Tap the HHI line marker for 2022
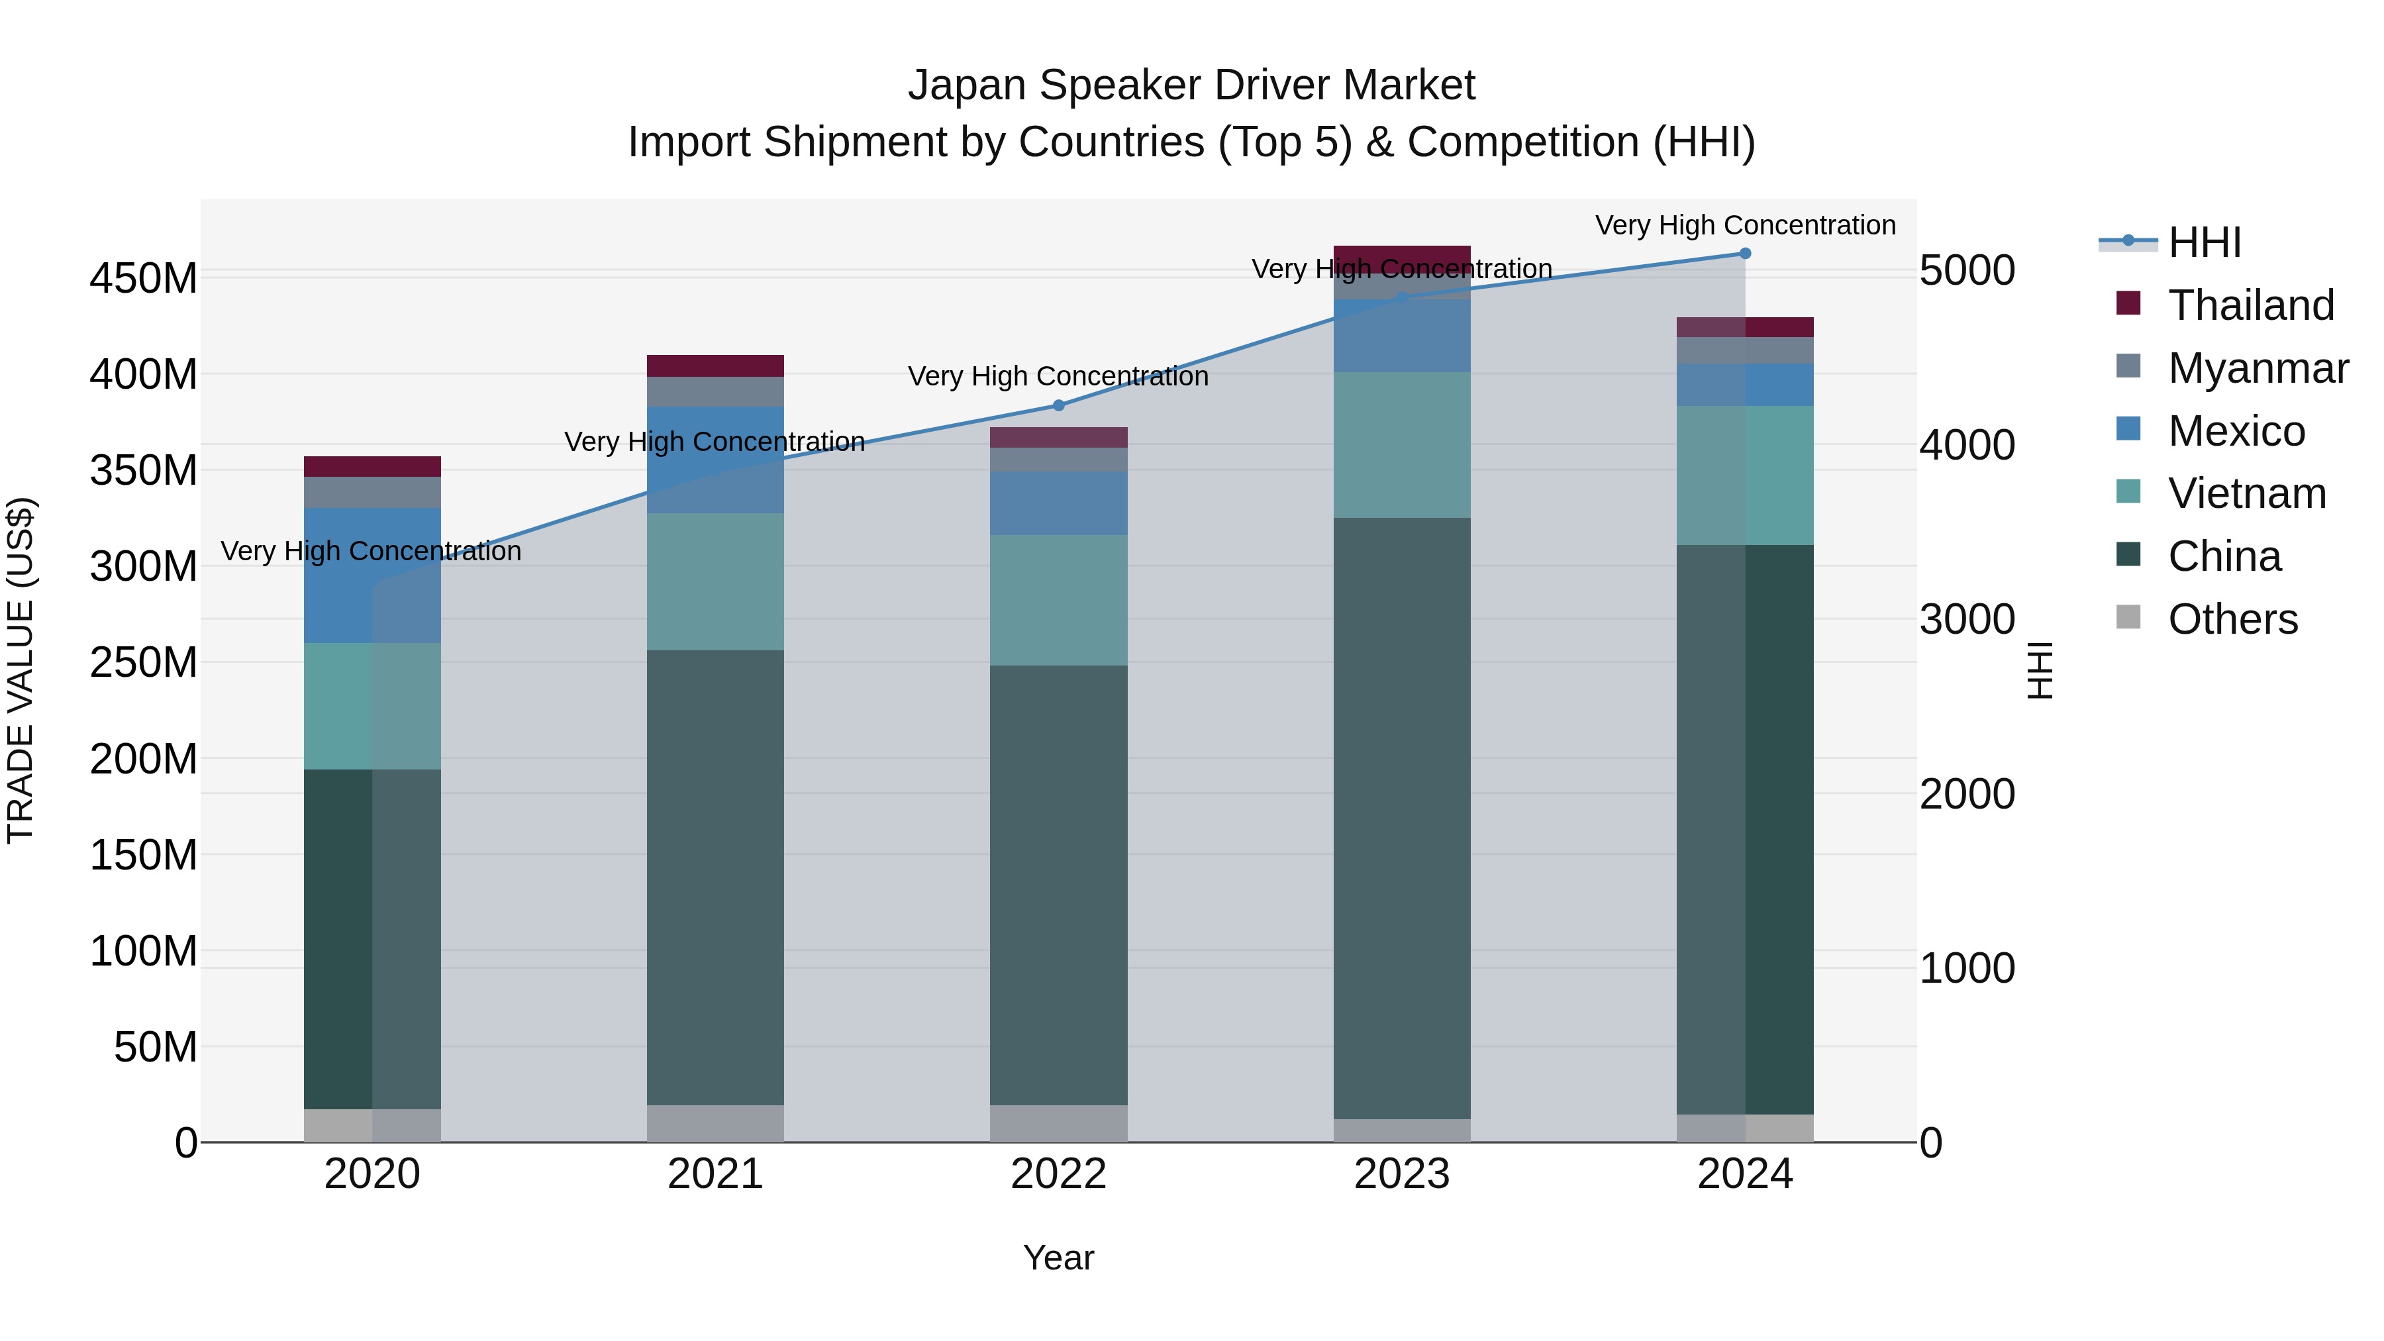[x=1059, y=405]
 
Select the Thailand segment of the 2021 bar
[x=715, y=366]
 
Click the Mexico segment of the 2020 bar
[x=372, y=575]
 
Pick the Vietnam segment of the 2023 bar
[x=1401, y=445]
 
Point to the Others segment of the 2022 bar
[x=1059, y=1124]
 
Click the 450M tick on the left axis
[x=144, y=277]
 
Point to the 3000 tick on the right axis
[x=1967, y=619]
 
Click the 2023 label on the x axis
[x=1401, y=1174]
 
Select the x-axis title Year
[x=1059, y=1258]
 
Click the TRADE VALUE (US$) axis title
[x=21, y=670]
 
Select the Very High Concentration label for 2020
[x=371, y=551]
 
